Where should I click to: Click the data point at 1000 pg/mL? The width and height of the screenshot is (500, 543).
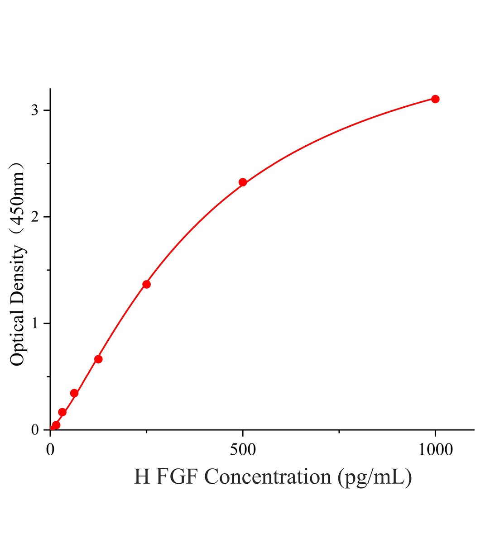pyautogui.click(x=435, y=99)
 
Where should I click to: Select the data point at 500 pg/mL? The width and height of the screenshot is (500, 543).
pyautogui.click(x=243, y=182)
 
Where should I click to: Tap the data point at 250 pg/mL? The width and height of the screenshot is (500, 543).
pyautogui.click(x=146, y=284)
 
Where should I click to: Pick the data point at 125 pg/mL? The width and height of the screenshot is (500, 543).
pyautogui.click(x=98, y=359)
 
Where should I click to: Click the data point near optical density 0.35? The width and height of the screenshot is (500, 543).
pyautogui.click(x=74, y=393)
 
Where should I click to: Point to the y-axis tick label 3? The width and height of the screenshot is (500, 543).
pyautogui.click(x=35, y=110)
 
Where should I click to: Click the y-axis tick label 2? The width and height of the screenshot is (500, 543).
pyautogui.click(x=35, y=217)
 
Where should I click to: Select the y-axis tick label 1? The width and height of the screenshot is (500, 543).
pyautogui.click(x=35, y=323)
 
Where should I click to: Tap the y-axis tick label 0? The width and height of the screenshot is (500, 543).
pyautogui.click(x=35, y=429)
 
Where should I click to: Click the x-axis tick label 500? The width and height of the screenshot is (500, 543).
pyautogui.click(x=243, y=450)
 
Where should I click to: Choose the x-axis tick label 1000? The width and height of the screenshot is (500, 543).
pyautogui.click(x=436, y=450)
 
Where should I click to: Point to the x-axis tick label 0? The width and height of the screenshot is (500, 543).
pyautogui.click(x=50, y=450)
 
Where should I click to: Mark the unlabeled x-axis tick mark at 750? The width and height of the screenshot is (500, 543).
pyautogui.click(x=339, y=432)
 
